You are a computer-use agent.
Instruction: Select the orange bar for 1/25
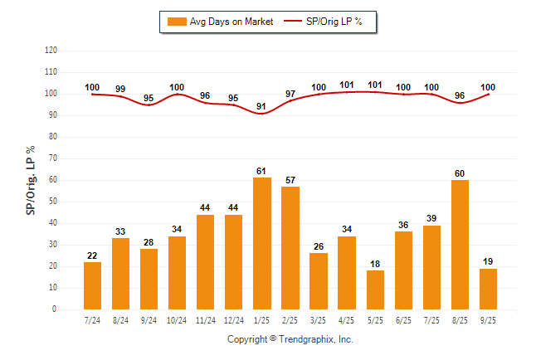point(262,243)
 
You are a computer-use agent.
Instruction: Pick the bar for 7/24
point(92,285)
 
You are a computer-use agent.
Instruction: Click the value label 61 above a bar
point(262,171)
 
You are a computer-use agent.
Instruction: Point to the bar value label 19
point(489,261)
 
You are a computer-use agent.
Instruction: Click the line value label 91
point(262,106)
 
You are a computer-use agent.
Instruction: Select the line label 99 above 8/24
point(120,89)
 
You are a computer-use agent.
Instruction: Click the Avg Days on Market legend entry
point(220,21)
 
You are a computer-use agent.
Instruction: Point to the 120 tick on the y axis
point(51,50)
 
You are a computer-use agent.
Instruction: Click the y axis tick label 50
point(53,202)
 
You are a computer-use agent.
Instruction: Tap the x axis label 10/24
point(177,319)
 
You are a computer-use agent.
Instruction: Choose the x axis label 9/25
point(489,319)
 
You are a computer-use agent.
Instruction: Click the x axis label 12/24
point(233,319)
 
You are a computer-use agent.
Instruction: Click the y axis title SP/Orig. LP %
point(31,178)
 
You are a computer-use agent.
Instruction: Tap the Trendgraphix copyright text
point(290,339)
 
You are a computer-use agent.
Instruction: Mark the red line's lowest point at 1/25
point(262,113)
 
